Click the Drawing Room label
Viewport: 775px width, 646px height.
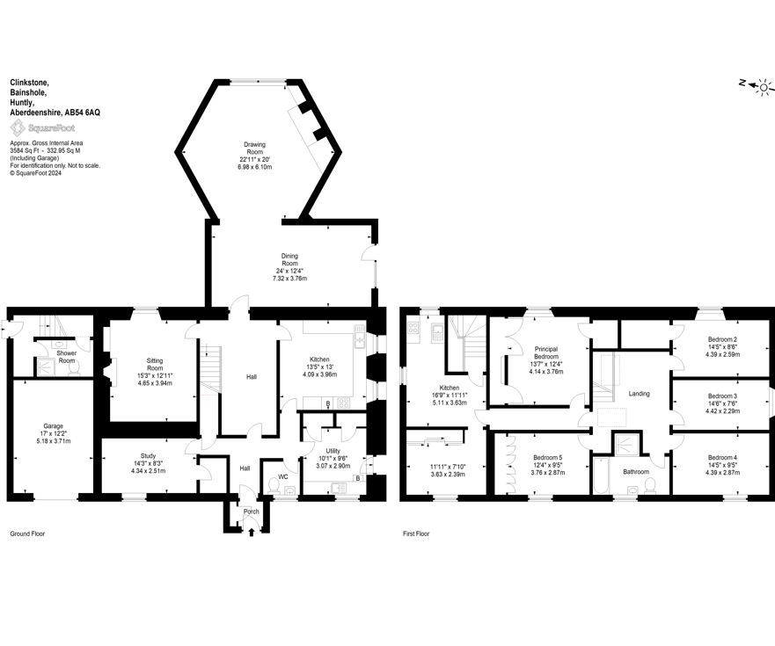point(255,149)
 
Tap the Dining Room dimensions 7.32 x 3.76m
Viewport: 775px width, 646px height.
point(289,279)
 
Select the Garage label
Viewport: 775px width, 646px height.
point(54,425)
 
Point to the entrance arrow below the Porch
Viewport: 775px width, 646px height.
point(252,532)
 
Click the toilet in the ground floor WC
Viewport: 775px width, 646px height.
point(272,485)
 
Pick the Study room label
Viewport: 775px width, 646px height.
point(149,456)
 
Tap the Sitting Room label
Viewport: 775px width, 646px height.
point(155,365)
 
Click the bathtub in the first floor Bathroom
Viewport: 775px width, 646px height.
point(600,475)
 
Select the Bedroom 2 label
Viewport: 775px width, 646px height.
point(722,340)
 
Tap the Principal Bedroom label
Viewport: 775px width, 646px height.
point(546,352)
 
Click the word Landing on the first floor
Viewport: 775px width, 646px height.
point(639,394)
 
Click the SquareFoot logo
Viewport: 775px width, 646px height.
point(43,128)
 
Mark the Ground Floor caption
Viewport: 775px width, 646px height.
point(27,533)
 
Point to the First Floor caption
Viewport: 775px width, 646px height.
point(416,533)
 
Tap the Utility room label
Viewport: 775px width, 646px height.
point(333,451)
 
